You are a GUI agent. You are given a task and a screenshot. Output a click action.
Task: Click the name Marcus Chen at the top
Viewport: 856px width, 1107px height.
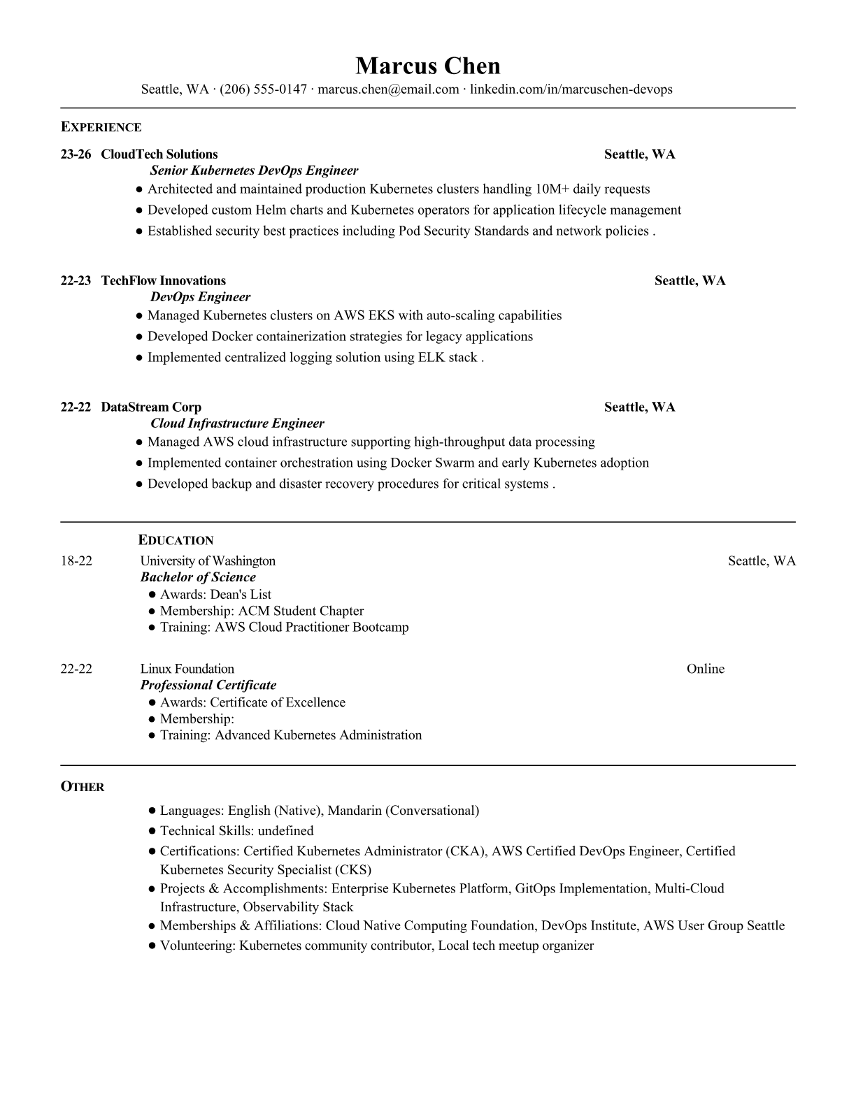coord(427,66)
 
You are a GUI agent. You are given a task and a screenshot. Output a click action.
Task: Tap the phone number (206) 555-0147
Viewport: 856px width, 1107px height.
coord(263,89)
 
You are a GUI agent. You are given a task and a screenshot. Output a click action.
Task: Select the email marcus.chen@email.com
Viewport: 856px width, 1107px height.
coord(388,89)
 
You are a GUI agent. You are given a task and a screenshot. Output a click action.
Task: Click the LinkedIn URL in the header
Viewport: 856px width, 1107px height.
coord(571,89)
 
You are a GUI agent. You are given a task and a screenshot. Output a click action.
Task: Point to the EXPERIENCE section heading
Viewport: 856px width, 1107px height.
coord(101,127)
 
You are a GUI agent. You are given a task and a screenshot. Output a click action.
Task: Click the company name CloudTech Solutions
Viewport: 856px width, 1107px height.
coord(159,154)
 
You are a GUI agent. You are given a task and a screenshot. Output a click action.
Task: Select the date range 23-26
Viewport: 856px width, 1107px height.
coord(76,154)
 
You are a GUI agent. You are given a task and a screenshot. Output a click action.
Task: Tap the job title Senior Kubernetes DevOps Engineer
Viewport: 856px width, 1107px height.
coord(255,171)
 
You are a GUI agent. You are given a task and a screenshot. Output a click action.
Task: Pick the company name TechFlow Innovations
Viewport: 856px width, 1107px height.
coord(164,281)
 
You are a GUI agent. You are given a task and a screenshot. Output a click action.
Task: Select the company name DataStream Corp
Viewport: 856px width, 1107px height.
coord(151,407)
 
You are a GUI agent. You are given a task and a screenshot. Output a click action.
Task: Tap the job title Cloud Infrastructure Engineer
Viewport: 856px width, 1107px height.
coord(238,424)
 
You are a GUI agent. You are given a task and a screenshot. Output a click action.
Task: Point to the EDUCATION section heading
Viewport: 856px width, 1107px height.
coord(176,540)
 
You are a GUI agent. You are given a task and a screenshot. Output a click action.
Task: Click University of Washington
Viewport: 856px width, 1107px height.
coord(208,561)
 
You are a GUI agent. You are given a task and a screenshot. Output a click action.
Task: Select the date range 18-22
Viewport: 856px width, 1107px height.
coord(76,561)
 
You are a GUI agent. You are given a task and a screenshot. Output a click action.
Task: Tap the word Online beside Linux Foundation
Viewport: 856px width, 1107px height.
coord(705,669)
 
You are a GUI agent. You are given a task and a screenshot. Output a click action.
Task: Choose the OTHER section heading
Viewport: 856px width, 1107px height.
coord(83,787)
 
